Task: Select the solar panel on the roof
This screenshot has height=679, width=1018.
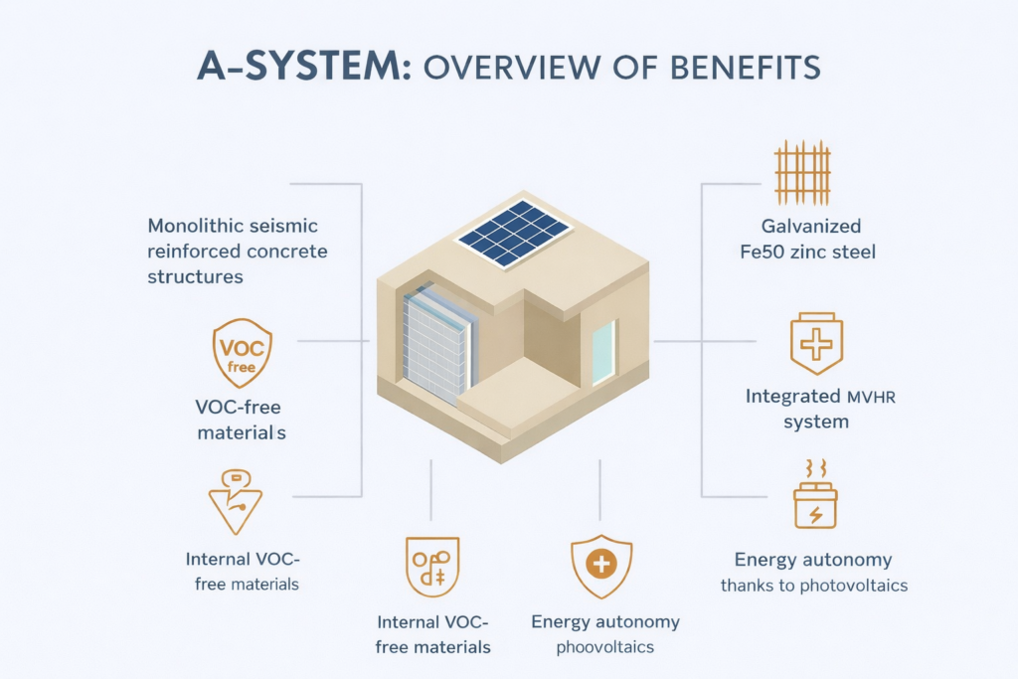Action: pos(512,233)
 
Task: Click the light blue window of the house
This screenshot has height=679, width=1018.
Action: pos(603,353)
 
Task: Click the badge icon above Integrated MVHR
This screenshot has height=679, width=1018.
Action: pos(815,345)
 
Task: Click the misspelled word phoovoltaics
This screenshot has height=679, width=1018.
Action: pos(603,647)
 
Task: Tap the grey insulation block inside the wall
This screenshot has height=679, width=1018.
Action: pos(434,348)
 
